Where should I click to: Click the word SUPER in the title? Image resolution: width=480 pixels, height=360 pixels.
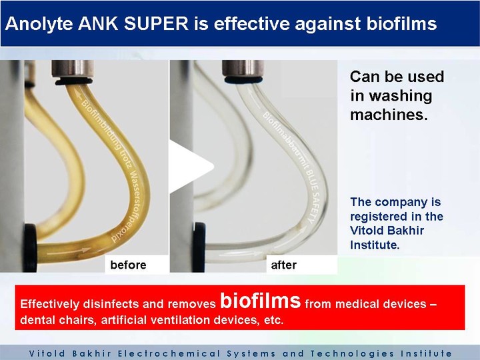point(157,23)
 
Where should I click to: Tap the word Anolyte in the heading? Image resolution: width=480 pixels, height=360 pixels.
point(39,24)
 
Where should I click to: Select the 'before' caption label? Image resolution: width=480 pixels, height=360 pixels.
point(128,265)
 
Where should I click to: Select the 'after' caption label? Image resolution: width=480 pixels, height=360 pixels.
point(284,265)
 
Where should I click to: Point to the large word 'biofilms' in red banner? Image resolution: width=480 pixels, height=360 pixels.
point(261,301)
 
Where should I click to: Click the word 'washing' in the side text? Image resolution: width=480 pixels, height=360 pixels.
point(391,96)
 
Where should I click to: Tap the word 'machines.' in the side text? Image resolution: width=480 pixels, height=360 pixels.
point(389,115)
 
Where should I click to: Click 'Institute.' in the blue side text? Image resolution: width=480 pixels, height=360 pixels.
point(375,245)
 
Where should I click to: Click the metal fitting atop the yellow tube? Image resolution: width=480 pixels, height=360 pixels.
point(73,69)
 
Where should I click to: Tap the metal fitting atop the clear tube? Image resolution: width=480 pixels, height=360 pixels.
point(243,69)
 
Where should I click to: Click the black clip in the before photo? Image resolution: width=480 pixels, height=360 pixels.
point(30,248)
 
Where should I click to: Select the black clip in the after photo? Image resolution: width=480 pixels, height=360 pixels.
point(199,247)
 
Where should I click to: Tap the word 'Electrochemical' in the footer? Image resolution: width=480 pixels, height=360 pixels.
point(169,353)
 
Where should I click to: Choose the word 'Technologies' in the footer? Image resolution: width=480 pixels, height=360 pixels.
point(352,353)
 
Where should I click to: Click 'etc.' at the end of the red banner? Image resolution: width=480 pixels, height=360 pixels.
point(274,320)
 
